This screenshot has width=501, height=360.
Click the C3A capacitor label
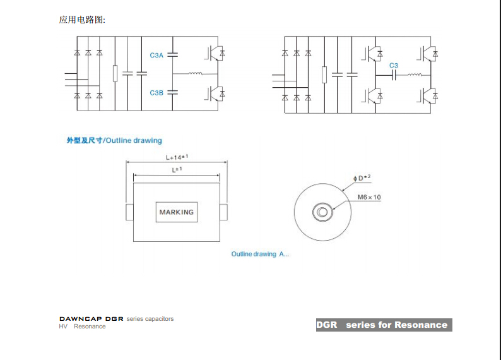tap(156, 56)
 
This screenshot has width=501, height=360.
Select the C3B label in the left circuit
tap(156, 93)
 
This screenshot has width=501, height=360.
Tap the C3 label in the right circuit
tap(394, 66)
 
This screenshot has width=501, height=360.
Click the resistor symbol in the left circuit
tap(115, 74)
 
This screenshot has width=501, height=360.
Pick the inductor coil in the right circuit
tap(414, 75)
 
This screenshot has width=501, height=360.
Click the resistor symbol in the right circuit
tap(324, 75)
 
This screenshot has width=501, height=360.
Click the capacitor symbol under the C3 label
tap(394, 76)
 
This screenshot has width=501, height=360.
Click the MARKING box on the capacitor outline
tap(177, 212)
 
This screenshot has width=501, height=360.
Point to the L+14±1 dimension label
tap(177, 157)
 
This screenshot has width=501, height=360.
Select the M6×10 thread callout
tap(369, 197)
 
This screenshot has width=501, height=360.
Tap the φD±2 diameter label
tap(362, 179)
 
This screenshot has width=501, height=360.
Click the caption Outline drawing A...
tap(260, 254)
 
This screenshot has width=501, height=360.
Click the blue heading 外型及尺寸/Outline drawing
tap(114, 140)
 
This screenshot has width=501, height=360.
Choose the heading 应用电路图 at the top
tap(83, 20)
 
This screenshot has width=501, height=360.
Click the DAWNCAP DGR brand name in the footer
tap(91, 319)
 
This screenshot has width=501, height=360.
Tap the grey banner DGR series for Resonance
tap(384, 325)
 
